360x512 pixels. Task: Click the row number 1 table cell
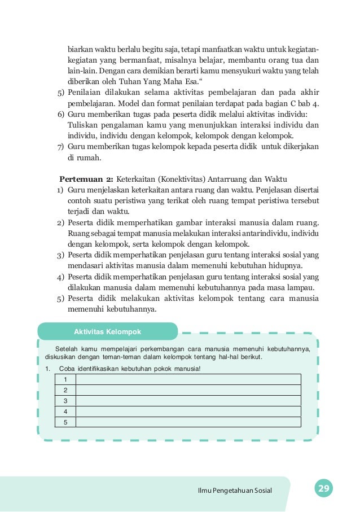coord(65,379)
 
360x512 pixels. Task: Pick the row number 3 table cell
coord(65,401)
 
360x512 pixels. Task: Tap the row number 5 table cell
coord(65,422)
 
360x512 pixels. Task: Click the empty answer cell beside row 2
coord(188,390)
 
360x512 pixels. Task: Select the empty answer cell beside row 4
coord(188,412)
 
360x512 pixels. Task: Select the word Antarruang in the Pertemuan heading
coord(222,180)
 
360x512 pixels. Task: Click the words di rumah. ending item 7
coord(80,157)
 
